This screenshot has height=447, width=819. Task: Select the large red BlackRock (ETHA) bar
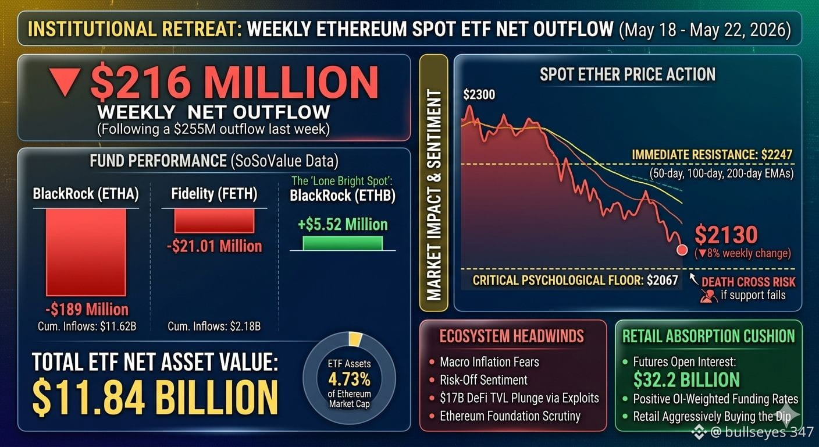(86, 252)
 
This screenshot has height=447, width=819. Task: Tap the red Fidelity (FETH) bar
(214, 221)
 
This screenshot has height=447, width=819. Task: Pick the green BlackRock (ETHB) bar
(343, 243)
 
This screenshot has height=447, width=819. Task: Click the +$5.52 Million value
(343, 224)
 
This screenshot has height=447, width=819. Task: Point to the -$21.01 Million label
(214, 246)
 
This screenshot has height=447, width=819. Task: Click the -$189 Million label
(87, 310)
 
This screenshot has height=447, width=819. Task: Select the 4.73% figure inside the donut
(349, 379)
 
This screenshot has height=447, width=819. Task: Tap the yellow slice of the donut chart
(355, 339)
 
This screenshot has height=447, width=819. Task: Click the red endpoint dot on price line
(682, 250)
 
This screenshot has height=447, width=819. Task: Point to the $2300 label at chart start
(479, 95)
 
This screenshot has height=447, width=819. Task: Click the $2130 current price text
(726, 235)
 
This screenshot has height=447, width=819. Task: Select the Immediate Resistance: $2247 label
(712, 155)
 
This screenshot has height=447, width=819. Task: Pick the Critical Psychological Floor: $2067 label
(575, 280)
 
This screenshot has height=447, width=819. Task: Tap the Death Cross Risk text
(749, 282)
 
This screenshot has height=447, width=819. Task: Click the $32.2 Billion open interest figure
(686, 379)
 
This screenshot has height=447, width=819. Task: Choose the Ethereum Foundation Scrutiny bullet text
(510, 416)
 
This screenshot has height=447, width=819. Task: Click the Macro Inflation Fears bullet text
(490, 362)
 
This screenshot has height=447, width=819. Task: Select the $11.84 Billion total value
(155, 398)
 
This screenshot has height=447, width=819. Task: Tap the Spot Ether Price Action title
(628, 74)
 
